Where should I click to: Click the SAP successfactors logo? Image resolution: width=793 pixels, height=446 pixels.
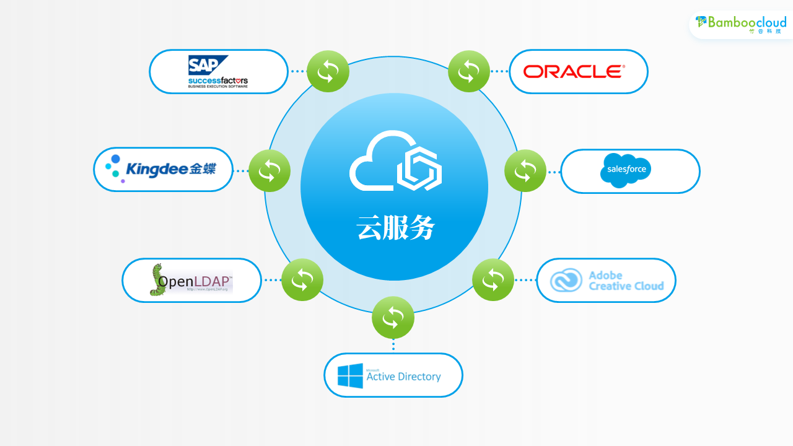point(218,72)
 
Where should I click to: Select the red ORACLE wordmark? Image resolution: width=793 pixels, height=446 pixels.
point(574,72)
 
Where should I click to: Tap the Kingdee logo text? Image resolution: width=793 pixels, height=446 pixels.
point(170,168)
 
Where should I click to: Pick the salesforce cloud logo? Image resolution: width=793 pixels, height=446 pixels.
point(626,170)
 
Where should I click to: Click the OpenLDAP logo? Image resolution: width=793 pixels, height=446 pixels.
point(191,280)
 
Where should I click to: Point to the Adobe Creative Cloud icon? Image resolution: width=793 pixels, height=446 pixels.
point(566,281)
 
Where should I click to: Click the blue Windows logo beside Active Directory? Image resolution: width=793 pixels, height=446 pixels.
point(350,376)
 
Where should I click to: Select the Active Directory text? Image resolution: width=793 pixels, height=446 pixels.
point(403,376)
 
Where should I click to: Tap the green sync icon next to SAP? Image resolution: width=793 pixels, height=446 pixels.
point(328,72)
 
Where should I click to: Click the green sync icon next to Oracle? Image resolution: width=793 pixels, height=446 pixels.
point(469,71)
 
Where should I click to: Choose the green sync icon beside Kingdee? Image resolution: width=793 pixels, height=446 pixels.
point(269,171)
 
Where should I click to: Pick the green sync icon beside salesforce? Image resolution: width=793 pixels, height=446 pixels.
point(525,170)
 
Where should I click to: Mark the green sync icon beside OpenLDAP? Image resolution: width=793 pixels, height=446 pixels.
point(302,280)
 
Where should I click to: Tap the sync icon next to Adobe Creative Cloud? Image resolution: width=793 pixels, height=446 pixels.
point(493,280)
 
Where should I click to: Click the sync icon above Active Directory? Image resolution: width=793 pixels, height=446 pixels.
point(393,318)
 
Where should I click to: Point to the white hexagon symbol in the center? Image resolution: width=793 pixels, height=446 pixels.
point(419,168)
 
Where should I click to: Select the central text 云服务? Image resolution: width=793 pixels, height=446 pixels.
point(396,228)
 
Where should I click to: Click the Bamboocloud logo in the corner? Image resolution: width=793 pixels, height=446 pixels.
point(741,24)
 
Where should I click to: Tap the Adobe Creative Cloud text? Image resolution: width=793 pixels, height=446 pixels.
point(626,281)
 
